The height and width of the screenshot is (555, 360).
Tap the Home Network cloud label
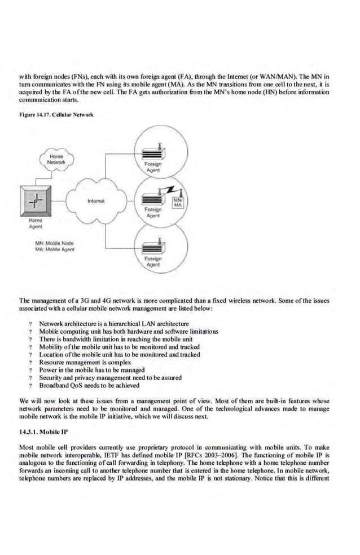point(56,159)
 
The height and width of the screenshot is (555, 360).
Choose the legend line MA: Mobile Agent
point(55,249)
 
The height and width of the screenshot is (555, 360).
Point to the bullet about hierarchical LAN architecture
point(113,324)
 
